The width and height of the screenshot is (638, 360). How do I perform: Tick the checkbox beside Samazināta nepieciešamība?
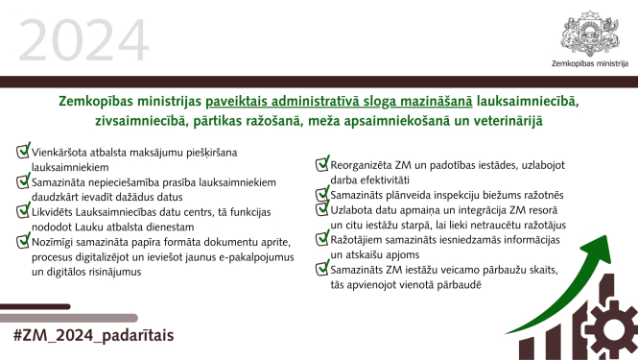23,180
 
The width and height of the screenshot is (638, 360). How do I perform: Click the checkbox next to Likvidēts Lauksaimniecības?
23,210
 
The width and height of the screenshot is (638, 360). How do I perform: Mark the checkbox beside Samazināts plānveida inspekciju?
322,194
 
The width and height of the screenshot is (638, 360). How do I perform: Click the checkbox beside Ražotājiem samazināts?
322,239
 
